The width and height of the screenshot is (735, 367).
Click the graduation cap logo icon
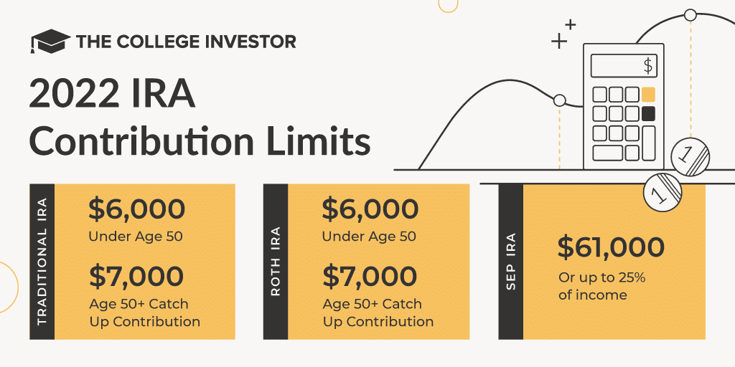point(50,41)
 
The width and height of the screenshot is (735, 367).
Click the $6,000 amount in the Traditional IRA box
point(136,209)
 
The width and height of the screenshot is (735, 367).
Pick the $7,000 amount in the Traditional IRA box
point(136,276)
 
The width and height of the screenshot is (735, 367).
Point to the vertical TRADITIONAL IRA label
point(42,262)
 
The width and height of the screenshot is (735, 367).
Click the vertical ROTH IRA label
point(276,262)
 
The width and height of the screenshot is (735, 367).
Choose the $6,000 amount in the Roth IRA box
point(370,209)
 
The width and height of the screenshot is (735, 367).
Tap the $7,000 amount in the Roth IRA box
point(370,276)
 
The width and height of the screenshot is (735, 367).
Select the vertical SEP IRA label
point(510,262)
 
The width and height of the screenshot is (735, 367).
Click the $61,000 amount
point(611,247)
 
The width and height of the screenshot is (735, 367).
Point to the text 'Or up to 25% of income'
point(603,286)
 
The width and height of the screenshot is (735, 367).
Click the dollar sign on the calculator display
point(648,66)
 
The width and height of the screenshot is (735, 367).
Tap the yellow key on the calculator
point(648,94)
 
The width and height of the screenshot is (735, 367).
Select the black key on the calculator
point(648,113)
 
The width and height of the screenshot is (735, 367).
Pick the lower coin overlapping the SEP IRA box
point(663,191)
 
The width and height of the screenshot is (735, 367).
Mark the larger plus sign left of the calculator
point(558,41)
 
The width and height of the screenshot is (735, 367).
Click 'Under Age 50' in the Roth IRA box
point(369,237)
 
